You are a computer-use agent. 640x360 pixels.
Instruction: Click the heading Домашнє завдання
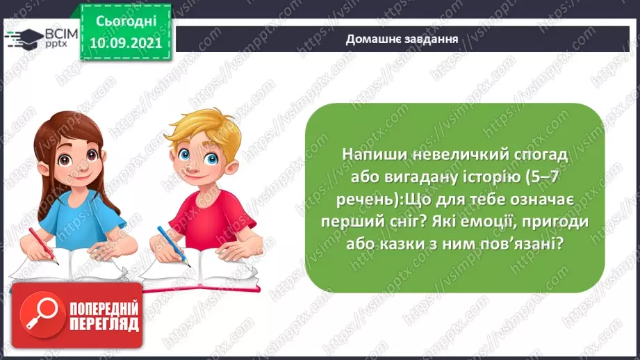402,39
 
